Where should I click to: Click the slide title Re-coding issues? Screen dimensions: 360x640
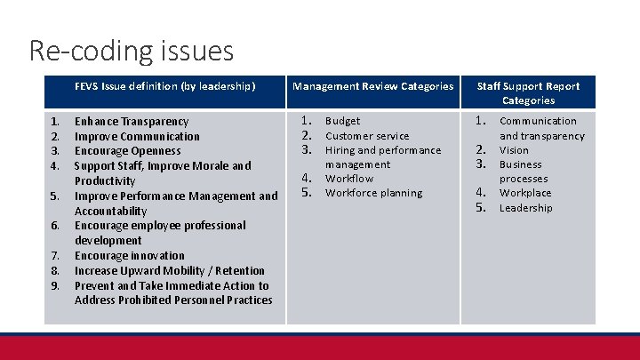(x=132, y=50)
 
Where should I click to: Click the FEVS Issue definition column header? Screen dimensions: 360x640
(x=164, y=86)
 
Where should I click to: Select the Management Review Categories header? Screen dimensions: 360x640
(x=373, y=86)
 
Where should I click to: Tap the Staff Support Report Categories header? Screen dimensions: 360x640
(x=528, y=92)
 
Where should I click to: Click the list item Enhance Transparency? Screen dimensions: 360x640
(x=132, y=121)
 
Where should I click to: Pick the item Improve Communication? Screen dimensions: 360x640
(x=137, y=136)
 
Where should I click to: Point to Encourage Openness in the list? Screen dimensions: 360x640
(x=127, y=151)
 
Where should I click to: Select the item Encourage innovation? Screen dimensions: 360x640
(x=130, y=255)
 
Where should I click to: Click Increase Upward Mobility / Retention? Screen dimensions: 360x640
(x=170, y=270)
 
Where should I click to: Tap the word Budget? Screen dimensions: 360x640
(x=343, y=121)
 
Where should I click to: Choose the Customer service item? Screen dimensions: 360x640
(x=367, y=136)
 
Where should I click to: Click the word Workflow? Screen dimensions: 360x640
(x=349, y=179)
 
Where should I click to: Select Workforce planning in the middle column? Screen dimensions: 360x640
(x=373, y=193)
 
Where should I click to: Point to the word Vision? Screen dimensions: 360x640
(x=514, y=150)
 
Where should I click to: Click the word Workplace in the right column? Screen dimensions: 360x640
(x=525, y=193)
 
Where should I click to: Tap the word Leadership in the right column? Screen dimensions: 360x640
(x=525, y=208)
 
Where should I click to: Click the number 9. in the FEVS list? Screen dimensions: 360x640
(x=55, y=285)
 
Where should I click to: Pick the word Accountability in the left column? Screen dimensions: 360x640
(x=110, y=211)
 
